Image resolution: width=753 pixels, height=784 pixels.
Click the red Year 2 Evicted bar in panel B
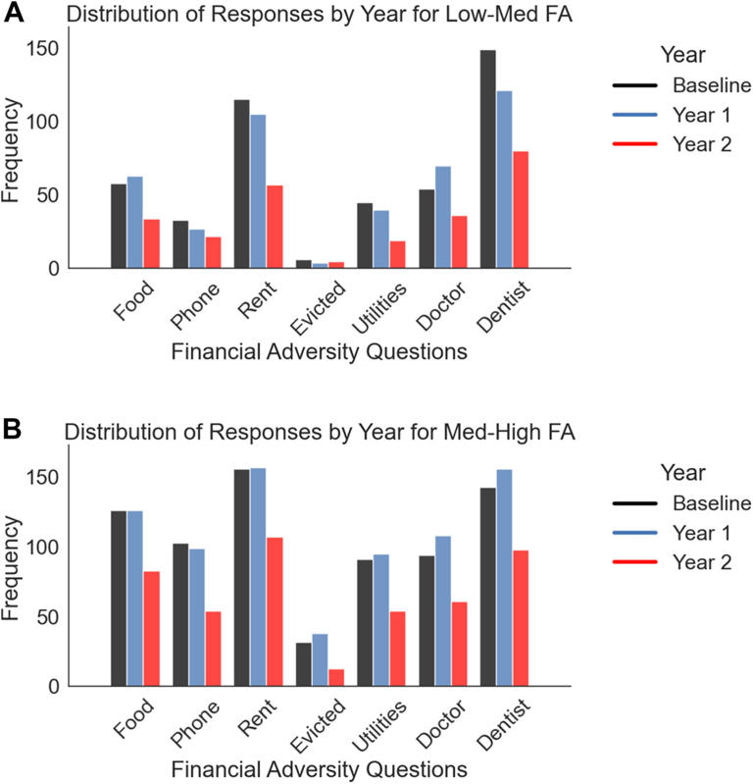[x=335, y=678]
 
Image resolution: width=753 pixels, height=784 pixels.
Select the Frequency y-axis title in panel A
[x=14, y=158]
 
